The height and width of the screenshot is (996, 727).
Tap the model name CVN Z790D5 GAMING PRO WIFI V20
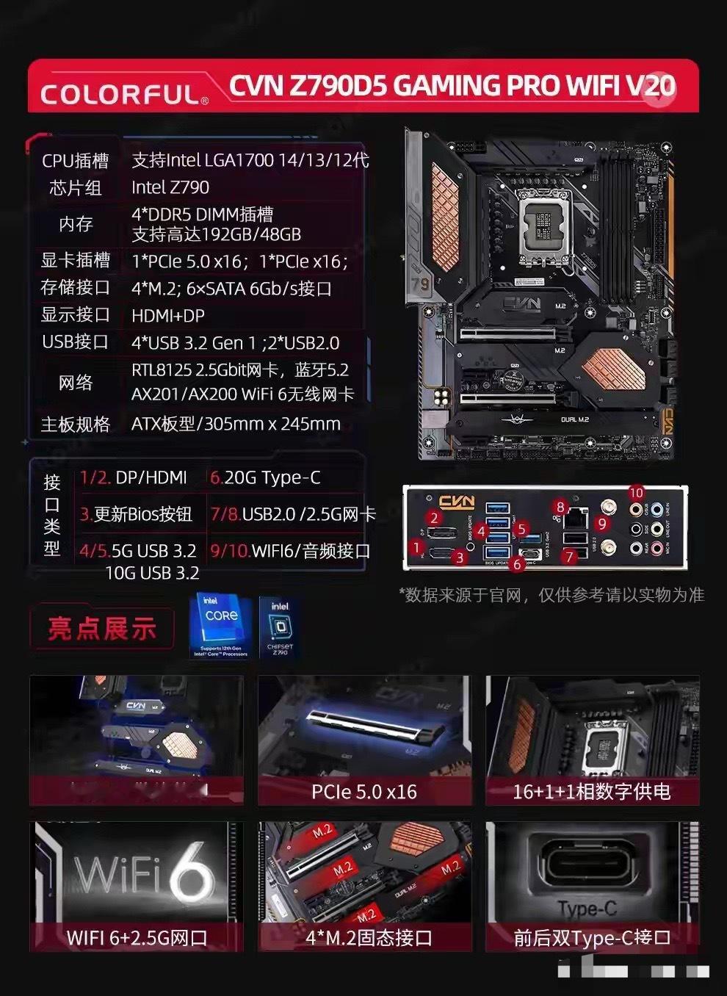[x=451, y=86]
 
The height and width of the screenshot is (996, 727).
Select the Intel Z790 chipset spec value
[x=170, y=187]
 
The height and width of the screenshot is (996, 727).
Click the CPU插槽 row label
[x=75, y=160]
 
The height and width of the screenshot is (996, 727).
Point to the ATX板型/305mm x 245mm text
[x=236, y=424]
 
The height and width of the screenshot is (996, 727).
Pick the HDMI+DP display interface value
[x=168, y=315]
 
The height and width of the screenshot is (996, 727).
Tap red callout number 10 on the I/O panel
[x=636, y=493]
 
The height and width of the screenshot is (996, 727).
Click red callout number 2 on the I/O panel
[x=434, y=518]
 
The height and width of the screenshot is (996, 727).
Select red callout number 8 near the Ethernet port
[x=561, y=507]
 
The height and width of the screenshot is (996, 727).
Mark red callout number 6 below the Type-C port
[x=518, y=564]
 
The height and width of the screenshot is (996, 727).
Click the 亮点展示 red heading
[x=102, y=628]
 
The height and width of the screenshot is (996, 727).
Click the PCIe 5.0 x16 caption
[x=363, y=792]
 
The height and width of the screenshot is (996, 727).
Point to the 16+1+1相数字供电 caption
[x=591, y=792]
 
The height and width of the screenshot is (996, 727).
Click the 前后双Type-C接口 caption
[x=592, y=937]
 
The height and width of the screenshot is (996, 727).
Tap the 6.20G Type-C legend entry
[x=265, y=477]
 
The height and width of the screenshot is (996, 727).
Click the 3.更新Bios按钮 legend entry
[x=136, y=513]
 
